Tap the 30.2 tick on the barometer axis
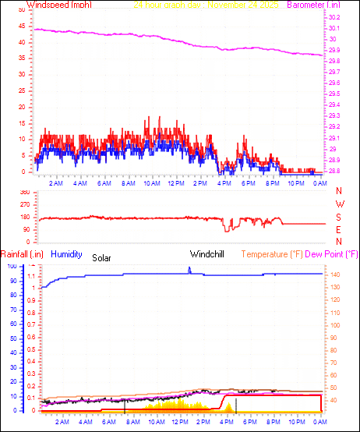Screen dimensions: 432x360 (x=334, y=17)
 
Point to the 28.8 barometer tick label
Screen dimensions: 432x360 (x=334, y=171)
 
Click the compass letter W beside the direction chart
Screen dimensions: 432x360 (x=339, y=204)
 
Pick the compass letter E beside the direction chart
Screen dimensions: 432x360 (x=339, y=230)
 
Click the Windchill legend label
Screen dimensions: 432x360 (x=208, y=253)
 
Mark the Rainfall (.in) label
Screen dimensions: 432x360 (x=23, y=253)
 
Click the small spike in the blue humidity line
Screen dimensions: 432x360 (x=189, y=269)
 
